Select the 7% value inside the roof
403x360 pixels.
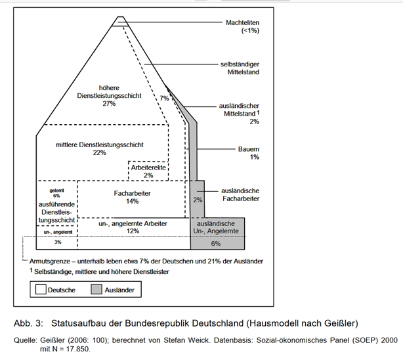coord(165,98)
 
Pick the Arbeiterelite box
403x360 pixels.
coord(148,171)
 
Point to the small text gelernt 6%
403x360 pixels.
coord(56,192)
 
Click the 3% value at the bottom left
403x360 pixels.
coord(57,242)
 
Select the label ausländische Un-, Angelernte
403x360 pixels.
coord(217,227)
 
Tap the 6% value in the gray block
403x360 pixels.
coord(216,243)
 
